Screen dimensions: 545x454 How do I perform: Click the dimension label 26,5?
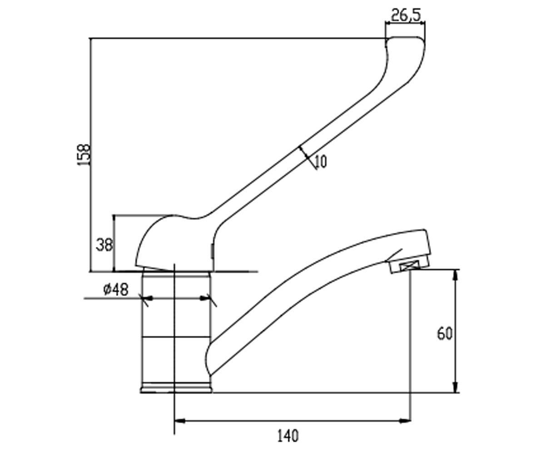[x=406, y=15]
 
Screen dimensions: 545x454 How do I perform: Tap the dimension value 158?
[x=84, y=154]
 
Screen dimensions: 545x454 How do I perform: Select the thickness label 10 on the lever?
[x=321, y=162]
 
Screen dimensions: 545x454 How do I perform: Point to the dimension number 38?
[x=104, y=245]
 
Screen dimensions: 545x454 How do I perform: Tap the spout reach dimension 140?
[x=287, y=435]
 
